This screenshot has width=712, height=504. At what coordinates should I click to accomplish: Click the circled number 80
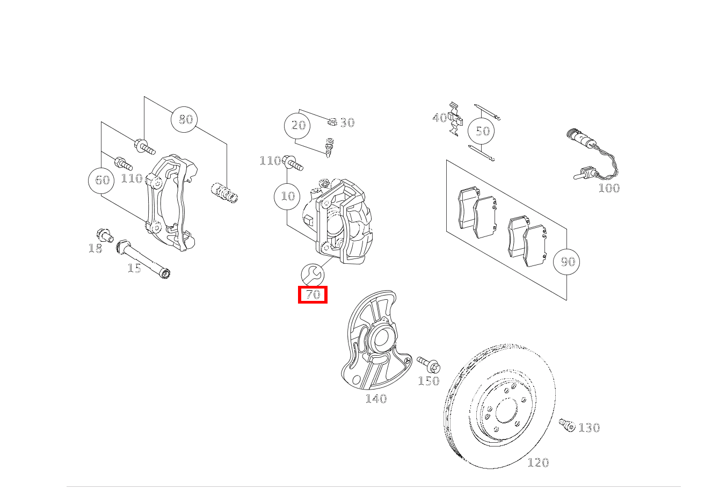[x=184, y=119]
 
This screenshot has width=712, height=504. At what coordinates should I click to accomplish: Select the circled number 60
[x=102, y=181]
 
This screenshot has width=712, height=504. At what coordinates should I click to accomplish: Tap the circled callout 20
[x=298, y=126]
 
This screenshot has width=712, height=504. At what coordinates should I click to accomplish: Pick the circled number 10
[x=288, y=196]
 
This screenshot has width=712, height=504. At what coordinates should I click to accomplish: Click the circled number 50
[x=482, y=131]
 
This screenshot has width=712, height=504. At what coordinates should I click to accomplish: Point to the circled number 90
[x=567, y=262]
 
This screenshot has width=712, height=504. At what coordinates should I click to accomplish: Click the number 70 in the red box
[x=313, y=294]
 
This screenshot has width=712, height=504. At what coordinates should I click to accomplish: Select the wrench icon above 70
[x=313, y=275]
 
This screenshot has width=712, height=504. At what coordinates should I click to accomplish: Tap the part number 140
[x=376, y=399]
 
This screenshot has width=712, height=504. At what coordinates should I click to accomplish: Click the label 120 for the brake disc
[x=538, y=463]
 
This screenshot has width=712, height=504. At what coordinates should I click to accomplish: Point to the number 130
[x=589, y=428]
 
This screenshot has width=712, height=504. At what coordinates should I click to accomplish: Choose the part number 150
[x=428, y=381]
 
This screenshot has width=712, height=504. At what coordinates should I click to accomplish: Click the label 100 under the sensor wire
[x=609, y=188]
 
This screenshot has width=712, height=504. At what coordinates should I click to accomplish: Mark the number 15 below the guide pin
[x=134, y=268]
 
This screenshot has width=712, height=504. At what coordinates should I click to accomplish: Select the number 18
[x=95, y=248]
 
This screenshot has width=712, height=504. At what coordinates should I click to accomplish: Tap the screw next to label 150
[x=428, y=365]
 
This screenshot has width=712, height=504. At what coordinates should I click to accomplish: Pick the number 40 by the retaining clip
[x=439, y=118]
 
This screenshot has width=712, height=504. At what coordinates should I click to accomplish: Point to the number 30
[x=347, y=123]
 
